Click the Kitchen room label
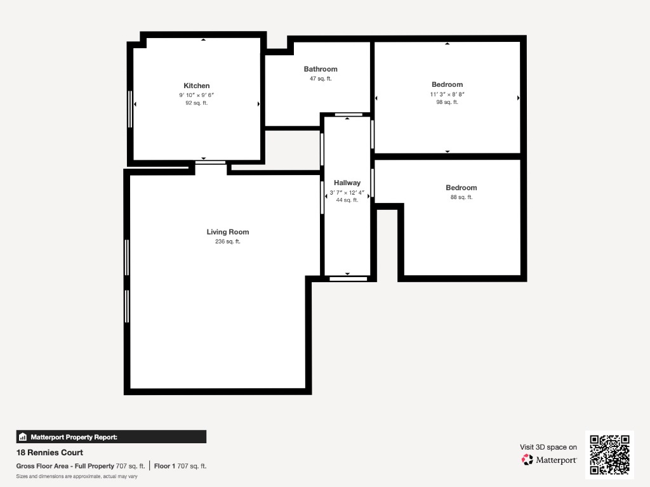click(x=197, y=86)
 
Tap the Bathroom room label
click(x=321, y=69)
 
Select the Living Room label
click(x=228, y=232)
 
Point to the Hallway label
click(x=347, y=183)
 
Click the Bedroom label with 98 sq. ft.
click(x=447, y=84)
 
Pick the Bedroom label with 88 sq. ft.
click(x=461, y=188)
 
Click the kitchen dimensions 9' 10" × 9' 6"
click(x=197, y=95)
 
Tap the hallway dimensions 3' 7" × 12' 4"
click(x=347, y=193)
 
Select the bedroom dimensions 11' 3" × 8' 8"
click(x=447, y=94)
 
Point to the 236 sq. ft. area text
click(x=228, y=242)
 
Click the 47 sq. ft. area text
click(x=321, y=79)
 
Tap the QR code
click(x=609, y=454)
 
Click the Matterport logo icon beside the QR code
click(x=527, y=460)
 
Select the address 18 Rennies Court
click(x=50, y=453)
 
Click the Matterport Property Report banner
click(x=111, y=437)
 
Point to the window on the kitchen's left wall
click(x=130, y=109)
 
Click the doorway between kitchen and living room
click(x=211, y=162)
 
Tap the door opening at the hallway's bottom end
click(x=348, y=279)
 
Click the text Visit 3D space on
click(x=548, y=447)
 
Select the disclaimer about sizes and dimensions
click(x=77, y=476)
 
